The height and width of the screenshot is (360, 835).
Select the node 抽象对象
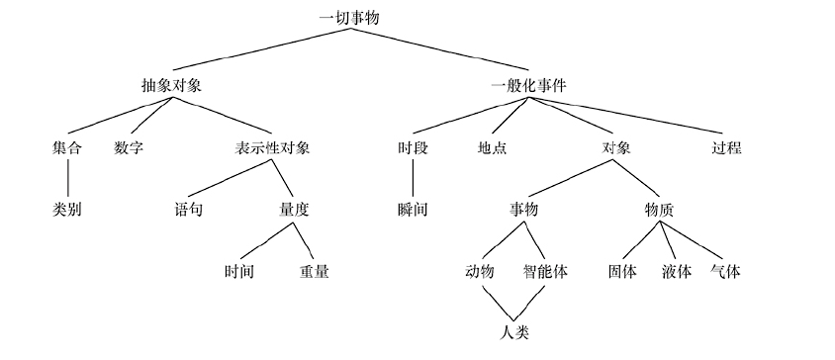[172, 85]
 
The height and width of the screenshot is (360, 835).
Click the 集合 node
[67, 147]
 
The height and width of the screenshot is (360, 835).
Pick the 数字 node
[130, 147]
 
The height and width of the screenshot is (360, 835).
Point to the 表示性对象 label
[272, 147]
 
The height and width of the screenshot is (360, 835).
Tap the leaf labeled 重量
[315, 270]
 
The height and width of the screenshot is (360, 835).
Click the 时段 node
[413, 147]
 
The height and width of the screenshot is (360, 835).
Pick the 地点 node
[492, 147]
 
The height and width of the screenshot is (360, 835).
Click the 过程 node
[726, 147]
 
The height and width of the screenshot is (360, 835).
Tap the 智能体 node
[545, 270]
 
